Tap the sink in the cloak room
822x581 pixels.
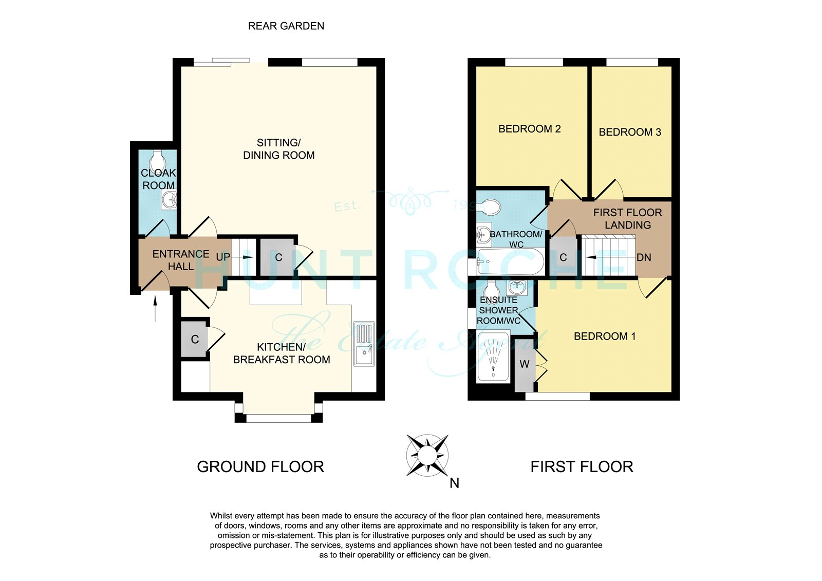[x=169, y=199]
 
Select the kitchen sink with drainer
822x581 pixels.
[x=364, y=344]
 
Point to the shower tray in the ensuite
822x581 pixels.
[x=493, y=355]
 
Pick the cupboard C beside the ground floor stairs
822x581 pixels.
[x=277, y=257]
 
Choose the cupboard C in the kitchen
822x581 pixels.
[x=194, y=339]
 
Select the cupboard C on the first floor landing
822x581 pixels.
[x=563, y=257]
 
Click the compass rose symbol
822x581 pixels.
[x=427, y=456]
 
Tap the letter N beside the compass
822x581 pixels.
[x=454, y=483]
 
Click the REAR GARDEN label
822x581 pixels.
[x=286, y=26]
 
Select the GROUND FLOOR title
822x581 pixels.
[x=260, y=467]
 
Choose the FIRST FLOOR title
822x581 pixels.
[x=582, y=467]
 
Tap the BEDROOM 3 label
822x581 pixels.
[x=630, y=132]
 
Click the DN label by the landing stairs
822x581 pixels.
[x=644, y=258]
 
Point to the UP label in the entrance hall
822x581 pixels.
[x=223, y=257]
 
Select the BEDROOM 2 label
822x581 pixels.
[x=530, y=129]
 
